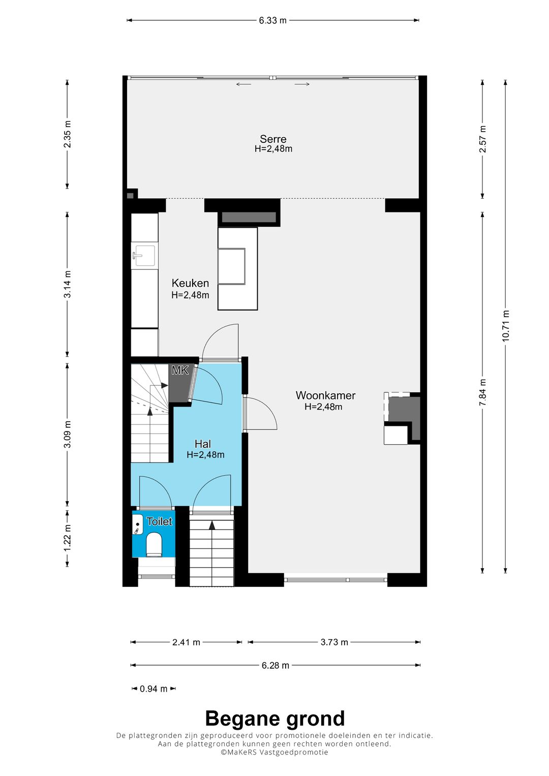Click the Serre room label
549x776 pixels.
(x=273, y=139)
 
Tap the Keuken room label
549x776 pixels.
(x=190, y=283)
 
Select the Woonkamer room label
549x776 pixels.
(x=325, y=395)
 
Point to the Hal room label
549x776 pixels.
(x=203, y=444)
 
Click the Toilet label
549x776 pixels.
(x=160, y=521)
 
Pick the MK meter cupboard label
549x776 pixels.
(x=180, y=370)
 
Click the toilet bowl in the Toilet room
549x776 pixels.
(x=154, y=544)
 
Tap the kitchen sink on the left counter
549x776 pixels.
(x=144, y=256)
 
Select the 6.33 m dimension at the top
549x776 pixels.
(x=273, y=20)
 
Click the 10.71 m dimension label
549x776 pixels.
(x=506, y=326)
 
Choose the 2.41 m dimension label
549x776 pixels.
(x=186, y=642)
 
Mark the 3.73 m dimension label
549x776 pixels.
(x=334, y=642)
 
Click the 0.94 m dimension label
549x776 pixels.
(x=154, y=689)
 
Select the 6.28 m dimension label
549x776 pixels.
(x=275, y=665)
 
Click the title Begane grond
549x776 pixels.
(x=275, y=719)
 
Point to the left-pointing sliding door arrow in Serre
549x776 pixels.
(x=244, y=84)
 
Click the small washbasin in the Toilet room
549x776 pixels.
(x=138, y=524)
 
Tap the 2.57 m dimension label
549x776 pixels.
(x=483, y=139)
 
